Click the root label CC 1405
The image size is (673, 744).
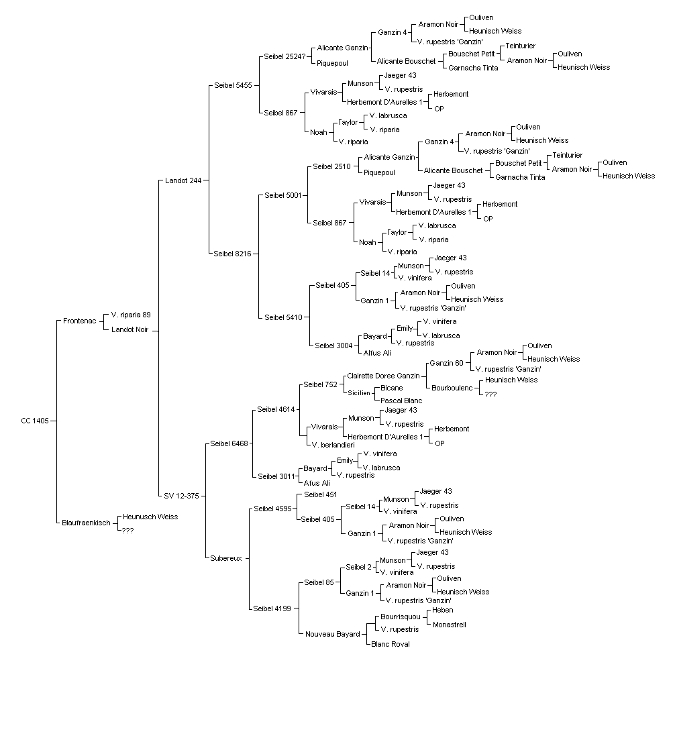click(x=35, y=421)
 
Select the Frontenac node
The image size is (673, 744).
click(x=80, y=321)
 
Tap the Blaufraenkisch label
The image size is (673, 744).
click(x=86, y=523)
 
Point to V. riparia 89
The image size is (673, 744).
click(x=131, y=315)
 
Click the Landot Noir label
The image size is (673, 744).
click(x=130, y=330)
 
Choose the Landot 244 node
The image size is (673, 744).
click(x=183, y=180)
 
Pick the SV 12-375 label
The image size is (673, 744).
click(x=181, y=496)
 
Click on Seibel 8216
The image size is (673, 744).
click(x=233, y=254)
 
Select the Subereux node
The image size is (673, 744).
click(x=226, y=558)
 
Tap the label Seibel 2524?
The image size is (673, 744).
click(x=284, y=56)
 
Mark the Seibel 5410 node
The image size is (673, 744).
click(x=283, y=317)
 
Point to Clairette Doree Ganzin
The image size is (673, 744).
click(x=384, y=376)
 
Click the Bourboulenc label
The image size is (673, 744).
click(x=452, y=388)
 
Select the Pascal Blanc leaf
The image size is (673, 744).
click(x=401, y=401)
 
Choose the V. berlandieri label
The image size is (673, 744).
click(x=333, y=445)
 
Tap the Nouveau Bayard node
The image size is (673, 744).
click(x=333, y=635)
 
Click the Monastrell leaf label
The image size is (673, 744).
click(x=450, y=625)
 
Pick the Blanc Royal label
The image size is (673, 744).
click(x=391, y=644)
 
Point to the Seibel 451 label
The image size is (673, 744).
click(x=320, y=495)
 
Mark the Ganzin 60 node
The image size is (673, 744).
click(x=447, y=364)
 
